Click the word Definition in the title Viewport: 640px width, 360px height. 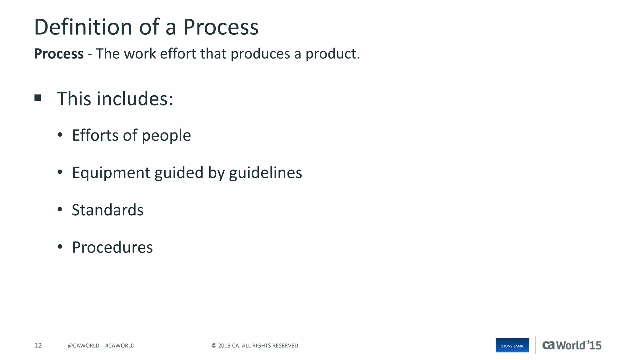[83, 27]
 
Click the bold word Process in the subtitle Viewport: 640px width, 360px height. [59, 54]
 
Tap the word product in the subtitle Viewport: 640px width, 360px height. [332, 54]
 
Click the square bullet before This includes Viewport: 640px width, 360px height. [38, 98]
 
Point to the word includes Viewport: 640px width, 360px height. [135, 99]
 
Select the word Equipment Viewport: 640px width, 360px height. [111, 173]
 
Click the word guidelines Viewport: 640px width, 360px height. [265, 173]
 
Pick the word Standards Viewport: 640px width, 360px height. [107, 210]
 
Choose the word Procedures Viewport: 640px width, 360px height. [112, 247]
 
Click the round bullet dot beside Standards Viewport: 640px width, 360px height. [60, 210]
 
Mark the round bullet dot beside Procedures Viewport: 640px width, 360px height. [60, 247]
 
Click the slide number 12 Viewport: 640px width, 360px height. [38, 346]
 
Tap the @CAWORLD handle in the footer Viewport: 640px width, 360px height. [83, 346]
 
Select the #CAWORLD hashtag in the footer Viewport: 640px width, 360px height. [120, 346]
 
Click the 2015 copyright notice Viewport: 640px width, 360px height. [256, 346]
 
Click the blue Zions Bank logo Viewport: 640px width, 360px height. [512, 345]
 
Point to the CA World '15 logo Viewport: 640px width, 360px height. [572, 345]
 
